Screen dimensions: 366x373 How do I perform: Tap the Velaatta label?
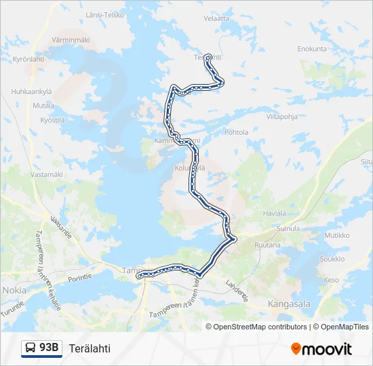pyautogui.click(x=216, y=18)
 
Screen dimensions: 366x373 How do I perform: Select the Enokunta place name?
pyautogui.click(x=312, y=49)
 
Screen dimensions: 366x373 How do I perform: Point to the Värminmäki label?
pyautogui.click(x=71, y=40)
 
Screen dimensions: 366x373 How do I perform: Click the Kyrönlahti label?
pyautogui.click(x=28, y=59)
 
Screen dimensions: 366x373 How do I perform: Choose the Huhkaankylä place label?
pyautogui.click(x=32, y=91)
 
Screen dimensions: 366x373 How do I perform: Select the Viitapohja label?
pyautogui.click(x=282, y=117)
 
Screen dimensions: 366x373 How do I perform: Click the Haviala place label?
pyautogui.click(x=274, y=213)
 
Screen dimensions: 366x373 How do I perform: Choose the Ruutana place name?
pyautogui.click(x=268, y=245)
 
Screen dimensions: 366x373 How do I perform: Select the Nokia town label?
pyautogui.click(x=14, y=289)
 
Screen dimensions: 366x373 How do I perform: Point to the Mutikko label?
pyautogui.click(x=336, y=235)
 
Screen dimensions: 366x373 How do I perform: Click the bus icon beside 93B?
pyautogui.click(x=31, y=348)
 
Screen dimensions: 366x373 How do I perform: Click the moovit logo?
pyautogui.click(x=321, y=349)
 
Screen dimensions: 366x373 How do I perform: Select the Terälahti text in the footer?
pyautogui.click(x=90, y=348)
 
